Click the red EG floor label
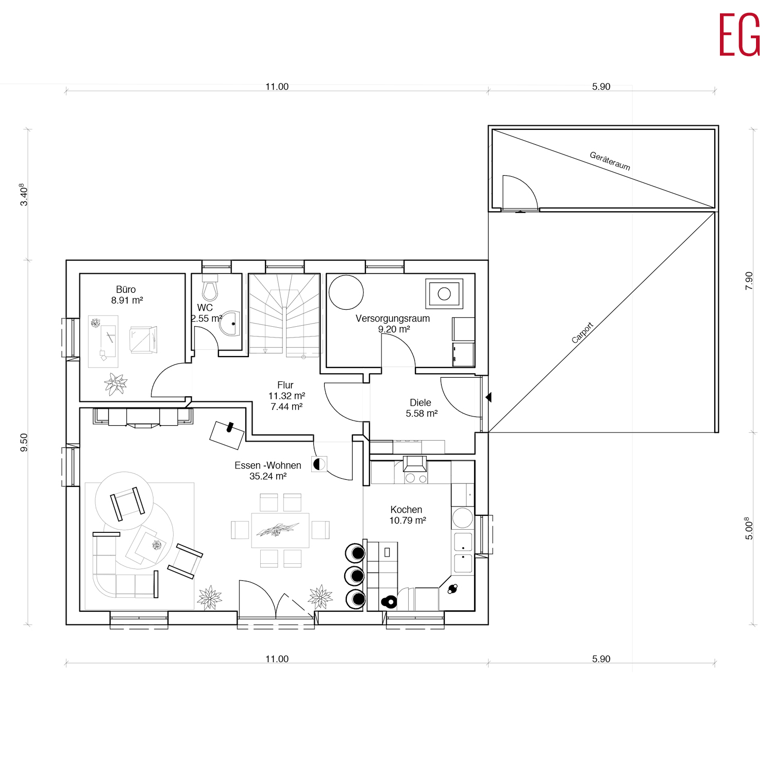tap(740, 35)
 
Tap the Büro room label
tap(126, 290)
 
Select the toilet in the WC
tap(210, 288)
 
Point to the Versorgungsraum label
tap(393, 318)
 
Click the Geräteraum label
tap(610, 161)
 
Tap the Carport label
tap(583, 333)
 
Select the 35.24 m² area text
tap(268, 476)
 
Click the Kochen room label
tap(406, 510)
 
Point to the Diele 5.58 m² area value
tap(422, 413)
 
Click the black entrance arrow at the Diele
tap(489, 397)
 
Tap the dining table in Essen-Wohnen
tap(280, 530)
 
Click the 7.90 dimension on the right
tap(749, 281)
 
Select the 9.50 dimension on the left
tap(24, 443)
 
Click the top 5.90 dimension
tap(601, 87)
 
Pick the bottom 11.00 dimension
tap(277, 659)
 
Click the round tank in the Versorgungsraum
tap(346, 292)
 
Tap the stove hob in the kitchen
tap(416, 477)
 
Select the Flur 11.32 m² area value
tap(287, 396)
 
